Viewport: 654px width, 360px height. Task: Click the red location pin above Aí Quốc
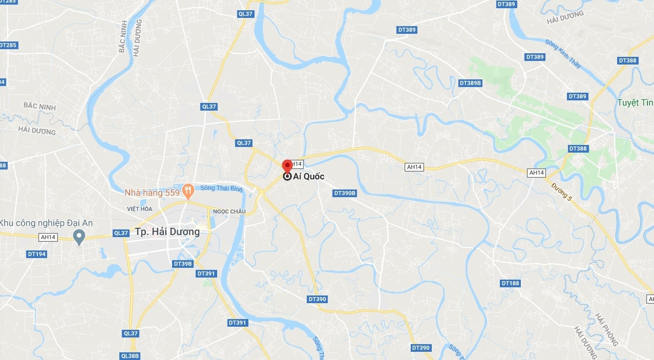point(287,166)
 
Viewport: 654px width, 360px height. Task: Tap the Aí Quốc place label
point(308,177)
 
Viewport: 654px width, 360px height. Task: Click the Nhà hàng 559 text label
point(152,193)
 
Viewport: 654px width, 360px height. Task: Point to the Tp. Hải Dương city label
point(167,232)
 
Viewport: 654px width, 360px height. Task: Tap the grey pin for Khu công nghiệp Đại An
point(79,237)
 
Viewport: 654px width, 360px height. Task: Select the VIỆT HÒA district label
point(140,209)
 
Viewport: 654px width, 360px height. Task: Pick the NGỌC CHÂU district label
point(229,211)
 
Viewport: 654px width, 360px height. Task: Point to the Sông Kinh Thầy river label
point(563,54)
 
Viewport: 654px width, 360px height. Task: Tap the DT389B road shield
point(470,83)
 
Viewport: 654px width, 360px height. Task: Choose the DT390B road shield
point(345,193)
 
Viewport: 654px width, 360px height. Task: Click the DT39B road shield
point(183,264)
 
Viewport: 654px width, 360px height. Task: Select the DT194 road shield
point(36,254)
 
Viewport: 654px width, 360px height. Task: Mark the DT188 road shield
point(510,283)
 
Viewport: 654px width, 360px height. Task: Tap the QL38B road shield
point(130,356)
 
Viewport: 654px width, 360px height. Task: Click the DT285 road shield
point(8,45)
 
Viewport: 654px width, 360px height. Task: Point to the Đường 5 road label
point(562,194)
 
